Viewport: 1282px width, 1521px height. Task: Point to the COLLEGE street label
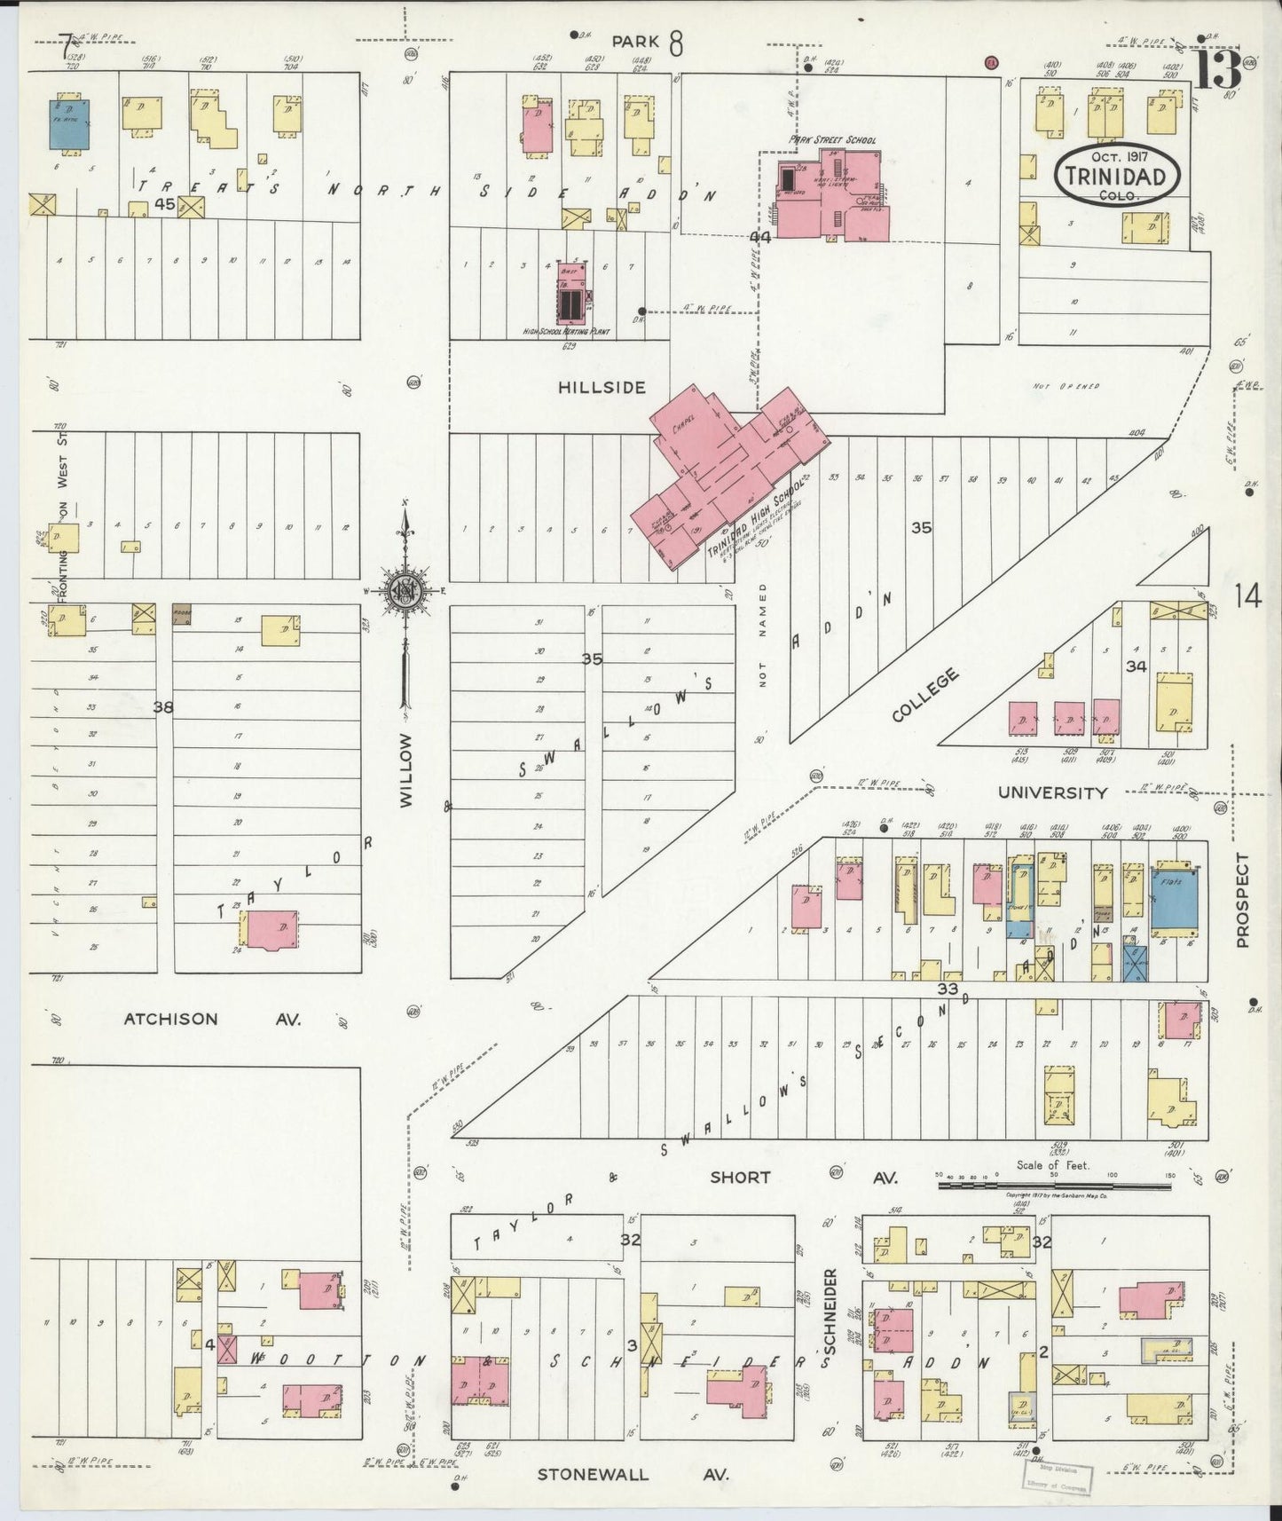924,695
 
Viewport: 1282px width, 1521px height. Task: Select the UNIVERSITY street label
1052,792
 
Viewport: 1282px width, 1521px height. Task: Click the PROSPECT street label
1242,900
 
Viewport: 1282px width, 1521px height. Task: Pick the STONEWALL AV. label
633,1475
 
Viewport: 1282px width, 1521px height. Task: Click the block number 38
162,707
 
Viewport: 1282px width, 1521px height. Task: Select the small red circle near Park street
991,62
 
